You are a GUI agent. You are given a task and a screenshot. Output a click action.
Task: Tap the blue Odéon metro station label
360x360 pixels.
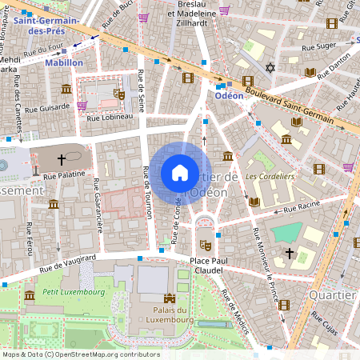pyautogui.click(x=229, y=94)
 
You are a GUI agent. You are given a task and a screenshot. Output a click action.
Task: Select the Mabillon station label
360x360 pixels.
pyautogui.click(x=64, y=62)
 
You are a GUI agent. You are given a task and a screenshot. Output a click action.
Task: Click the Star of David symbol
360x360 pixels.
pyautogui.click(x=270, y=68)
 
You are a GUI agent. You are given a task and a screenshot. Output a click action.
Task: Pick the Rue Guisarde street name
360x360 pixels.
pyautogui.click(x=48, y=108)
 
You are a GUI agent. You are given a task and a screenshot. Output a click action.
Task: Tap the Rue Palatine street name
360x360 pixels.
pyautogui.click(x=63, y=174)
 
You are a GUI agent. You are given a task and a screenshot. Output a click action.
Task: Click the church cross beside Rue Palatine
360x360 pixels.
pyautogui.click(x=61, y=159)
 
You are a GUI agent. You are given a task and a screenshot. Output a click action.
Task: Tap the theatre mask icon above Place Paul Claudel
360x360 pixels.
pyautogui.click(x=204, y=238)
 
